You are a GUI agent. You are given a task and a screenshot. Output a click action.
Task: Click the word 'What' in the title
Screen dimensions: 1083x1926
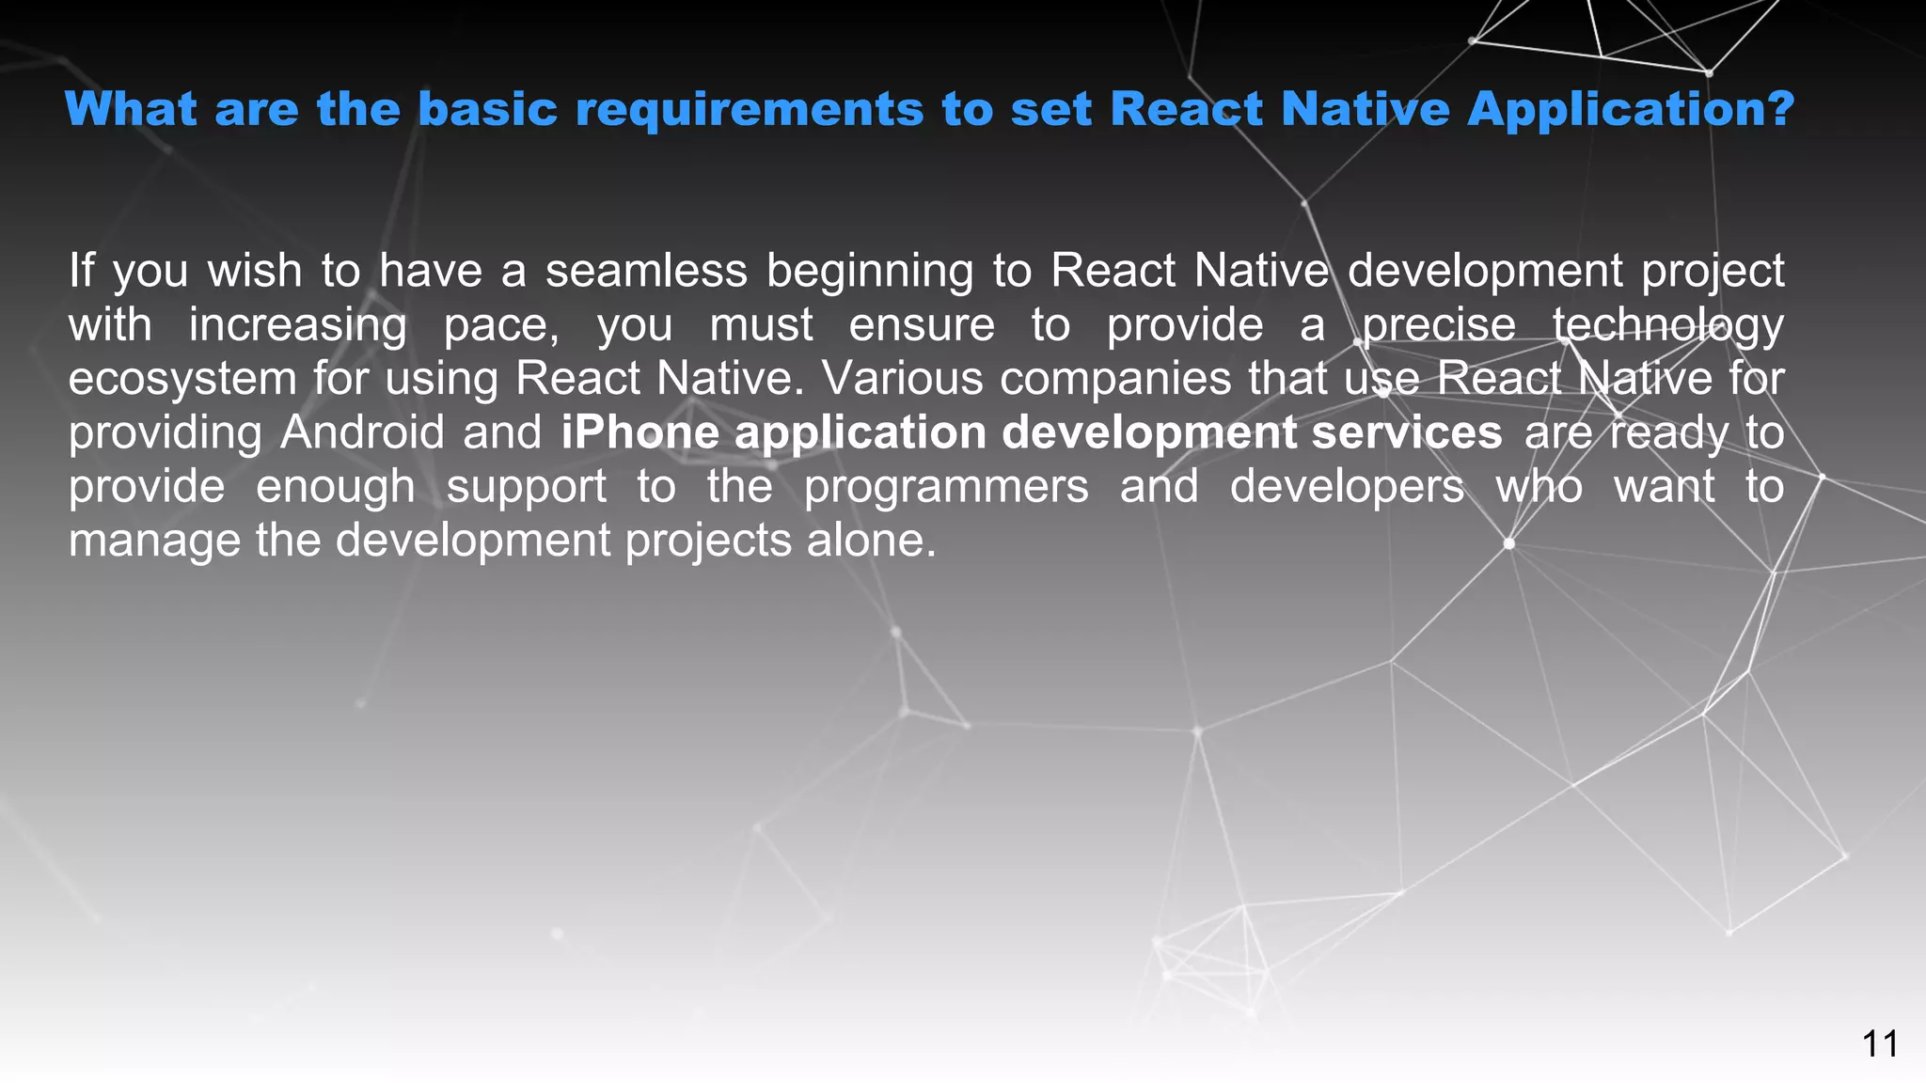pos(131,109)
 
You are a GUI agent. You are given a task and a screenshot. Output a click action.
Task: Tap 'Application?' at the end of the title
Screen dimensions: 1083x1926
pos(1631,109)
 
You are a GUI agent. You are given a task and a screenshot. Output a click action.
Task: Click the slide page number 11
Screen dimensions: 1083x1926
pos(1880,1044)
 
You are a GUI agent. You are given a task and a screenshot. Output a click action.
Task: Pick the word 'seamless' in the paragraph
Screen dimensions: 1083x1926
pos(646,271)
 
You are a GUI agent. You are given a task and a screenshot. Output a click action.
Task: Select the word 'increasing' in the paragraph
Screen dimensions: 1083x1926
pos(297,326)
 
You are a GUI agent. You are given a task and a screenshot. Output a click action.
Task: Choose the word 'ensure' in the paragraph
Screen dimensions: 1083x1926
pos(922,325)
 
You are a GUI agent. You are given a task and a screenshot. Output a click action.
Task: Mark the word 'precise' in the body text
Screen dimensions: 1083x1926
pos(1439,326)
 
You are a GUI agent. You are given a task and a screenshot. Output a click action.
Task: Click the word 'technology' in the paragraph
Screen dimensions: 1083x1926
pos(1667,326)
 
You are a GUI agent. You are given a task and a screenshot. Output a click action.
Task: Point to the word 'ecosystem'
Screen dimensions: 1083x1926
pos(182,380)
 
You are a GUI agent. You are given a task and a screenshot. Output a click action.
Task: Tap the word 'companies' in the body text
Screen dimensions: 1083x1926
pos(1115,380)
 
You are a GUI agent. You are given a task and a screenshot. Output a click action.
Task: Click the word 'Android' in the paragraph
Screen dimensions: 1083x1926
pos(362,432)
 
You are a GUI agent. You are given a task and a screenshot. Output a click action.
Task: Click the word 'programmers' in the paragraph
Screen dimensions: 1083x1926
pos(946,488)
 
